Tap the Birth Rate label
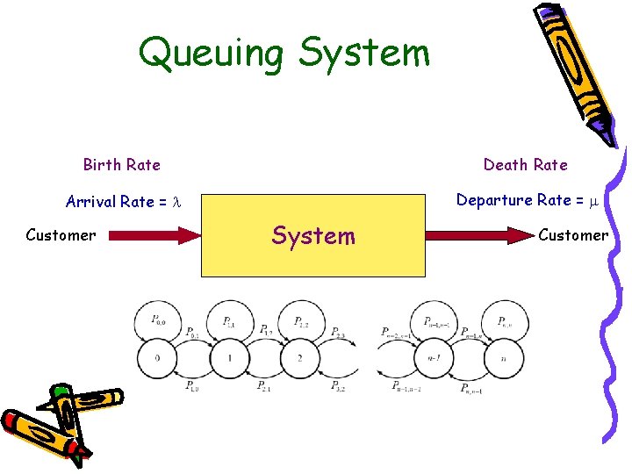pyautogui.click(x=121, y=165)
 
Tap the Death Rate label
pyautogui.click(x=525, y=165)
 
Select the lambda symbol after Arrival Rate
pyautogui.click(x=176, y=202)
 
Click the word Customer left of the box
pyautogui.click(x=61, y=235)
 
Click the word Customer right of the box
pyautogui.click(x=573, y=235)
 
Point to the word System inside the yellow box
pyautogui.click(x=313, y=236)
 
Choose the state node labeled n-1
pyautogui.click(x=433, y=358)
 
